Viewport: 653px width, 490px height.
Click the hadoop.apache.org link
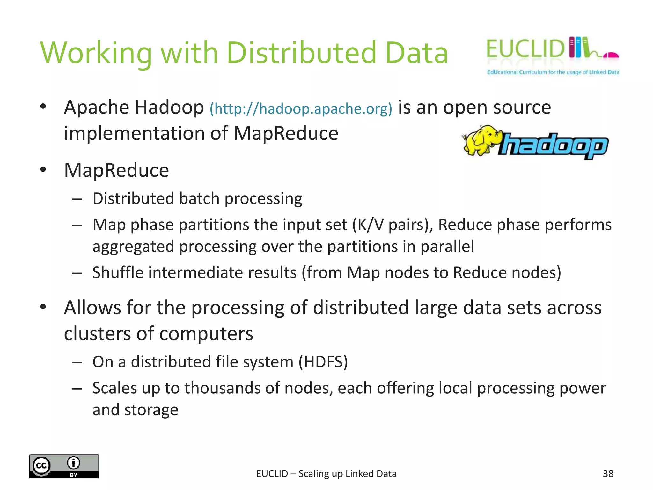[301, 109]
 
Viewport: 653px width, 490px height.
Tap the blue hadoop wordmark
[553, 145]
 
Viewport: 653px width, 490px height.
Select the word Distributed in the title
[301, 53]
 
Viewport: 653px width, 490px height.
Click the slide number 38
[608, 473]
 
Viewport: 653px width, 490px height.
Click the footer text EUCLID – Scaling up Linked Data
[326, 474]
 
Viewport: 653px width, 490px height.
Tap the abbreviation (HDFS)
[323, 362]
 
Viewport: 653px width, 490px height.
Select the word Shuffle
[118, 273]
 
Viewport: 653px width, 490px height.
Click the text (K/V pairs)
[392, 225]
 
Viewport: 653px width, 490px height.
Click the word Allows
[92, 308]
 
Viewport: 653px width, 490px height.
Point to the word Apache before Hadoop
[96, 107]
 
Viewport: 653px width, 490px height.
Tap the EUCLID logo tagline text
[553, 72]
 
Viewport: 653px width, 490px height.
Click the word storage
[151, 410]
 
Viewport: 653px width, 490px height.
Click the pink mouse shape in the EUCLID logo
[611, 55]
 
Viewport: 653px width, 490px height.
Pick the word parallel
[447, 247]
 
